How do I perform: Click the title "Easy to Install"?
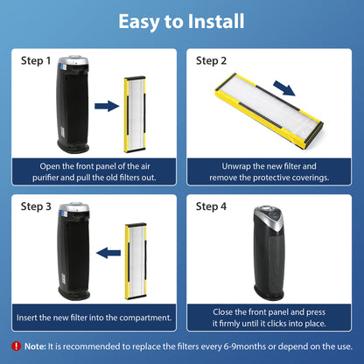tap(181, 22)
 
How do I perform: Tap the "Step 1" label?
tap(36, 60)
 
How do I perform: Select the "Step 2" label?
tap(211, 60)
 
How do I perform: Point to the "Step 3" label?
tap(36, 206)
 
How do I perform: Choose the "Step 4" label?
tap(211, 206)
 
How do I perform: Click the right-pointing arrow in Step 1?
tap(107, 106)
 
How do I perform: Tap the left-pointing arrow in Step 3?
tap(108, 253)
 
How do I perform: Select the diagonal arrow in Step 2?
tap(284, 88)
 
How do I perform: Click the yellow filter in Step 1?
tap(135, 115)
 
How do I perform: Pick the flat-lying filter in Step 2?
tap(269, 110)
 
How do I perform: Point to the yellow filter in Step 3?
tap(136, 262)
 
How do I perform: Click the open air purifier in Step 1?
tap(73, 104)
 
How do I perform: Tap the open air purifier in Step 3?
tap(74, 251)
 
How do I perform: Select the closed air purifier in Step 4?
tap(269, 253)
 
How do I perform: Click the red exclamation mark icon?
tap(16, 346)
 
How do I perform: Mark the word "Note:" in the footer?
tap(35, 346)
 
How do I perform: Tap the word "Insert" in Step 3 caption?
tap(26, 318)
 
